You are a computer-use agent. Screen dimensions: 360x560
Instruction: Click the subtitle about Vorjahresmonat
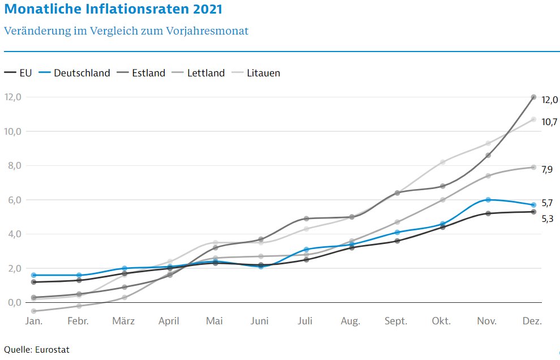coord(126,31)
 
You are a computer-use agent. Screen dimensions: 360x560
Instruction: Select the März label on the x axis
coord(123,321)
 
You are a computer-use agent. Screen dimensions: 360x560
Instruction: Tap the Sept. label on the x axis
coord(396,321)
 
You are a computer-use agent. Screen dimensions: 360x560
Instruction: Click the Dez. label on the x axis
coord(532,321)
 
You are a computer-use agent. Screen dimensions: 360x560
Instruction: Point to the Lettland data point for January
coord(33,311)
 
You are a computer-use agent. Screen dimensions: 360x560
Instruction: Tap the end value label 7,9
coord(546,169)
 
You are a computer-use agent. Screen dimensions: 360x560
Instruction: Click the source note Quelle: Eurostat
coord(36,349)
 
